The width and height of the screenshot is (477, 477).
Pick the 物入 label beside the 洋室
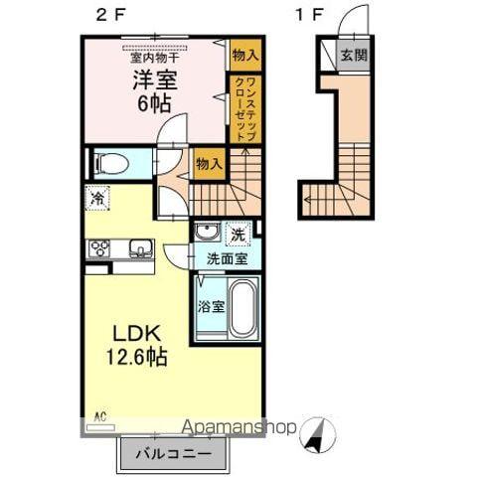click(x=244, y=55)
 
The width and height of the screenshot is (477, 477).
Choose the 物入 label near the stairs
click(x=208, y=163)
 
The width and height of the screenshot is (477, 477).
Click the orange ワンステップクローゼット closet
click(x=244, y=108)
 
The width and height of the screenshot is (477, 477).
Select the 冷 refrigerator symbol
click(x=98, y=198)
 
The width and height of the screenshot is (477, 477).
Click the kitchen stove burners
click(x=100, y=248)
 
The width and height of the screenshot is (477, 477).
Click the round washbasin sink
click(x=208, y=234)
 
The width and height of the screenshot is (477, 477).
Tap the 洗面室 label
click(x=227, y=259)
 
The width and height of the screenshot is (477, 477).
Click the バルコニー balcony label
click(x=180, y=453)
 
